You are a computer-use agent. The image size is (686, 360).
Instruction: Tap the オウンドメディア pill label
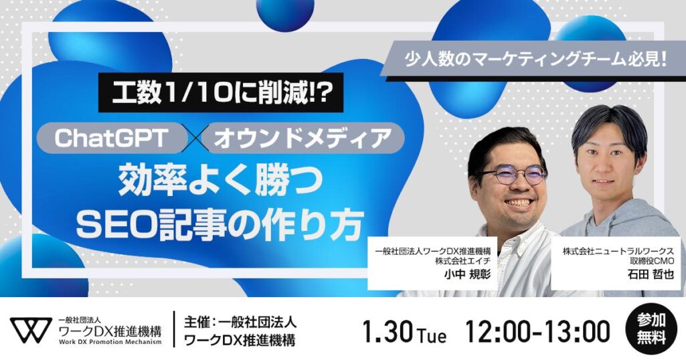point(303,138)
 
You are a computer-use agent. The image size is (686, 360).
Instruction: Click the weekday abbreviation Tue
point(432,335)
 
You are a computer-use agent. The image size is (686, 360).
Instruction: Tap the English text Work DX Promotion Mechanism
point(110,342)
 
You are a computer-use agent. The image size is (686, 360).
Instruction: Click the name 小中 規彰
point(466,274)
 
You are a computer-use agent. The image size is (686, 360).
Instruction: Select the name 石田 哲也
point(651,274)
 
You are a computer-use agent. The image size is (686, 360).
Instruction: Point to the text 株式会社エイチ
point(463,261)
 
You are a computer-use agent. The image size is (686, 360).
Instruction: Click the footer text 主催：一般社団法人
point(240,323)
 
